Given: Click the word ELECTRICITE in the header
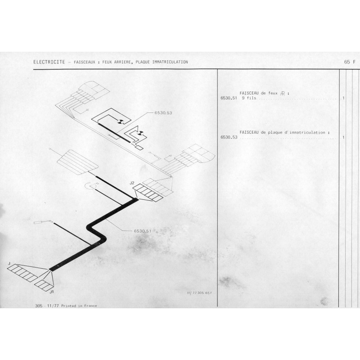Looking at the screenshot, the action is click(49, 62).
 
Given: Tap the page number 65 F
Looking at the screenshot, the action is click(350, 62).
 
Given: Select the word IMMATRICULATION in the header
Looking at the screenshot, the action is click(170, 62).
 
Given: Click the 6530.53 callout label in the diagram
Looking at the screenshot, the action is click(163, 113).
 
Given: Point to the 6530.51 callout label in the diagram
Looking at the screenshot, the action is click(143, 231).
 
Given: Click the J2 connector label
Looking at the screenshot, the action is click(132, 183).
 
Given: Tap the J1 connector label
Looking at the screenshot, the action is click(52, 292).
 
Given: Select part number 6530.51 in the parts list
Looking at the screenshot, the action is click(229, 98).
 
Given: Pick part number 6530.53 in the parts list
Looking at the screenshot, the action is click(229, 137).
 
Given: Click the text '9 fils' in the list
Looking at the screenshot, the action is click(249, 98).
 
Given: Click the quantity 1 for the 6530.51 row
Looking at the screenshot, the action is click(343, 98).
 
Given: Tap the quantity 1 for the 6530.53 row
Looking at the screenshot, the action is click(343, 137).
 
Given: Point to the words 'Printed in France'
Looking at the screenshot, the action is click(79, 306).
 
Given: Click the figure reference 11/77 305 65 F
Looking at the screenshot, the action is click(199, 293).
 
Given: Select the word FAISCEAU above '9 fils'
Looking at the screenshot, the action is click(249, 93).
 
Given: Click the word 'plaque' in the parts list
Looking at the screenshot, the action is click(275, 132).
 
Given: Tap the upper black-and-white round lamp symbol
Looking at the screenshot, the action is click(121, 121).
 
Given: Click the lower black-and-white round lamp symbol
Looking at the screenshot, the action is click(140, 133).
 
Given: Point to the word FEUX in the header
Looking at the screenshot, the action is click(107, 62).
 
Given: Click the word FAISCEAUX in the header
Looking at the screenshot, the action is click(85, 62).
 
